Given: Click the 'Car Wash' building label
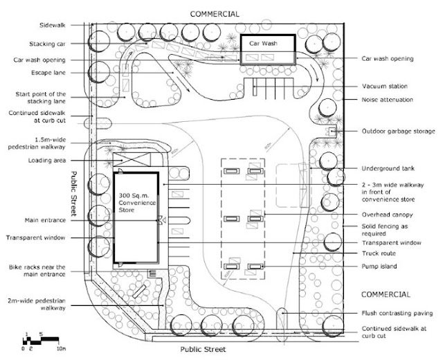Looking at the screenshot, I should pyautogui.click(x=264, y=43).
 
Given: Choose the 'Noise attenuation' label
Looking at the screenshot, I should pyautogui.click(x=387, y=100).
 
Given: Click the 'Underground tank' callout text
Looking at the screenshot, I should pyautogui.click(x=388, y=169).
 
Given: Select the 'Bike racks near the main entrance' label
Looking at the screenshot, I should pyautogui.click(x=43, y=271).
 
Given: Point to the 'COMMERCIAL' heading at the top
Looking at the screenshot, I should pyautogui.click(x=215, y=13).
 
